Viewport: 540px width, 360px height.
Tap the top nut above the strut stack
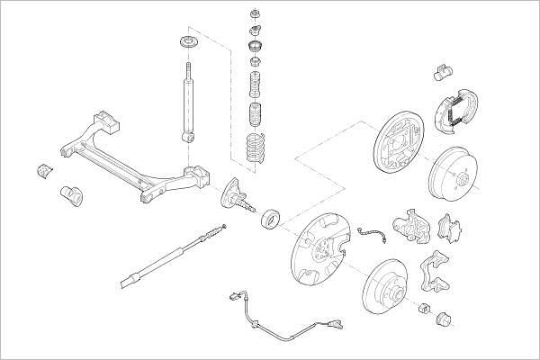point(255,15)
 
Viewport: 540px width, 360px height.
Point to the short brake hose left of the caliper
point(371,235)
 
